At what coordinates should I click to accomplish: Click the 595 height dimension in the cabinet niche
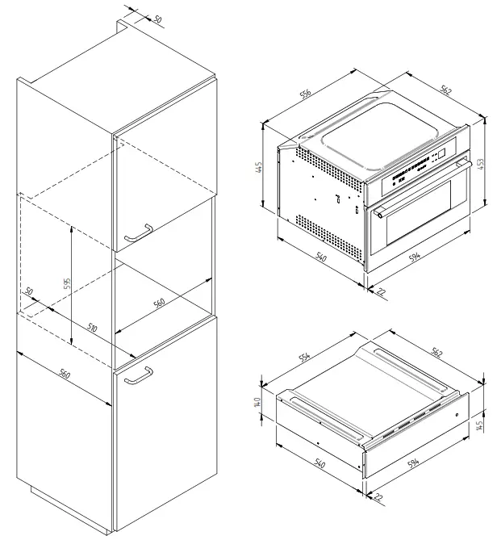coord(69,283)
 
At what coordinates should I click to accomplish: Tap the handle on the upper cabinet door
coord(138,233)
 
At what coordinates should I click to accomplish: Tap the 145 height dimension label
coord(481,425)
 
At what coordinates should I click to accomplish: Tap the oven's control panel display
coord(443,156)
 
